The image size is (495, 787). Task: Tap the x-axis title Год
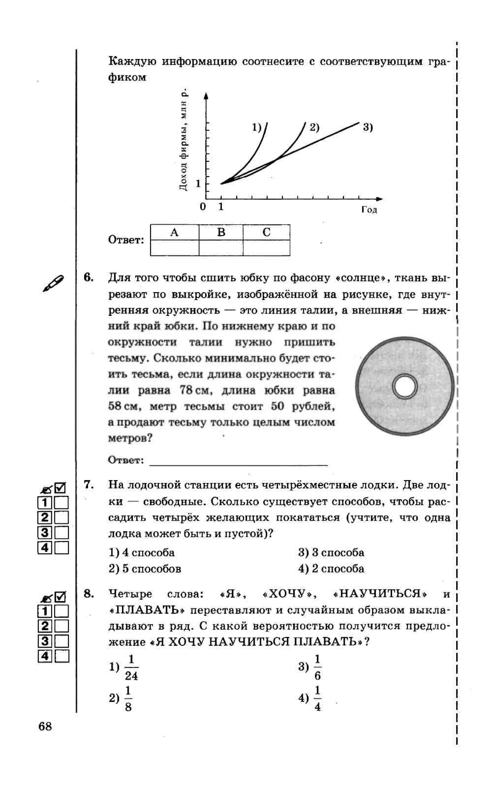pyautogui.click(x=369, y=209)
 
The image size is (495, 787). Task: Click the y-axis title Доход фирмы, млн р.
pyautogui.click(x=183, y=140)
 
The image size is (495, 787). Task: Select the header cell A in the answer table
pyautogui.click(x=174, y=232)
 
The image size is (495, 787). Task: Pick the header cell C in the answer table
pyautogui.click(x=266, y=232)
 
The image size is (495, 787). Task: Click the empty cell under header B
pyautogui.click(x=221, y=248)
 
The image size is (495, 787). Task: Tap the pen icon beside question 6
pyautogui.click(x=53, y=283)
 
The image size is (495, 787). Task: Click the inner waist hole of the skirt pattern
pyautogui.click(x=405, y=387)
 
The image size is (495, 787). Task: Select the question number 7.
pyautogui.click(x=89, y=484)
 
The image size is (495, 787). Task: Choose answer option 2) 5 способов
pyautogui.click(x=145, y=568)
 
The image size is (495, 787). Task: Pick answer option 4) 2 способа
pyautogui.click(x=331, y=568)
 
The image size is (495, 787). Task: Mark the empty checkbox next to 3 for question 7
pyautogui.click(x=61, y=533)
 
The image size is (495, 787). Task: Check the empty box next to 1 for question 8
pyautogui.click(x=61, y=611)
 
